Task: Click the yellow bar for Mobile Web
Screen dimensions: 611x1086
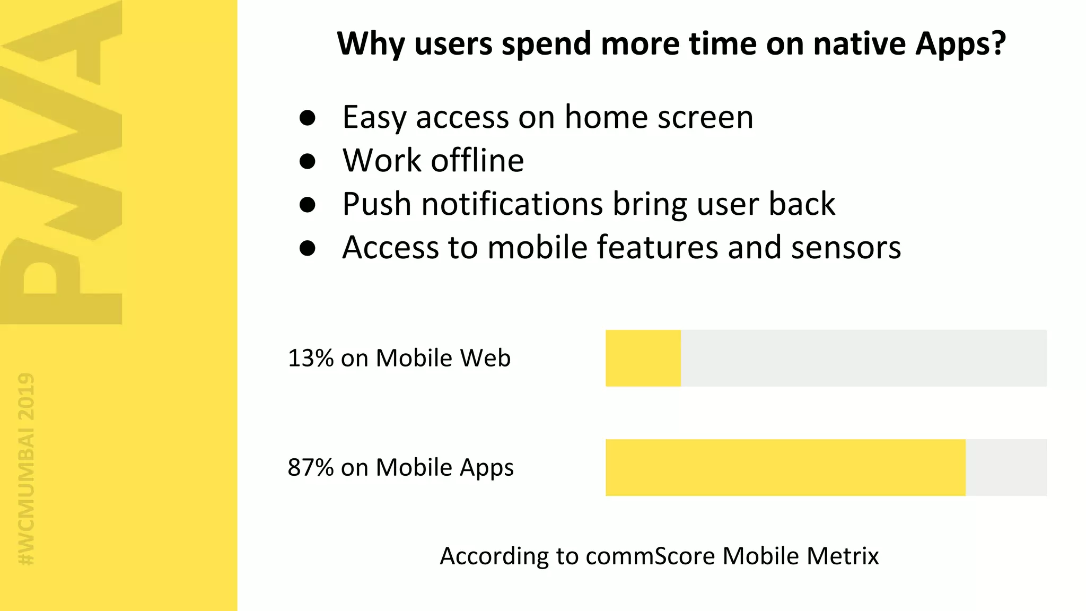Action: pos(643,358)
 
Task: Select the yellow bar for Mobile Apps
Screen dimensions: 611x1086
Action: pos(785,467)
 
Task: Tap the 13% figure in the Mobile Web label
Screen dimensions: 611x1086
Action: pos(310,358)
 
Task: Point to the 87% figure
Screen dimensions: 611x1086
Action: pos(310,467)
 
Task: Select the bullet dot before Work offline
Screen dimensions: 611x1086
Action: pos(308,161)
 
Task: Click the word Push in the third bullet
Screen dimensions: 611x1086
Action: pos(376,204)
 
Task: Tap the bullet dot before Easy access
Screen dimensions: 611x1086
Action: pos(308,117)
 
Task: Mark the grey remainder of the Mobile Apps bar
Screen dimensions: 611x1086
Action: pos(1006,467)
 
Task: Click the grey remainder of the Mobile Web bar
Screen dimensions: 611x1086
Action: pos(863,358)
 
